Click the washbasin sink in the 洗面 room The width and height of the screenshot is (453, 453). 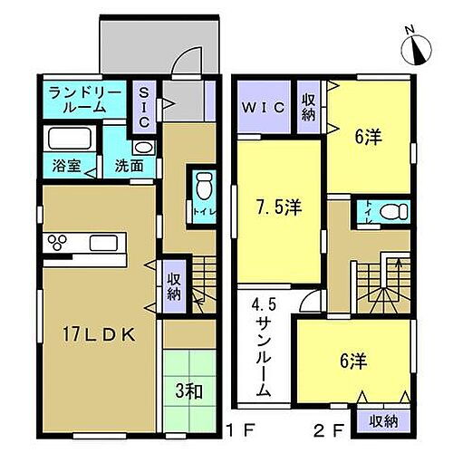[x=143, y=148]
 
